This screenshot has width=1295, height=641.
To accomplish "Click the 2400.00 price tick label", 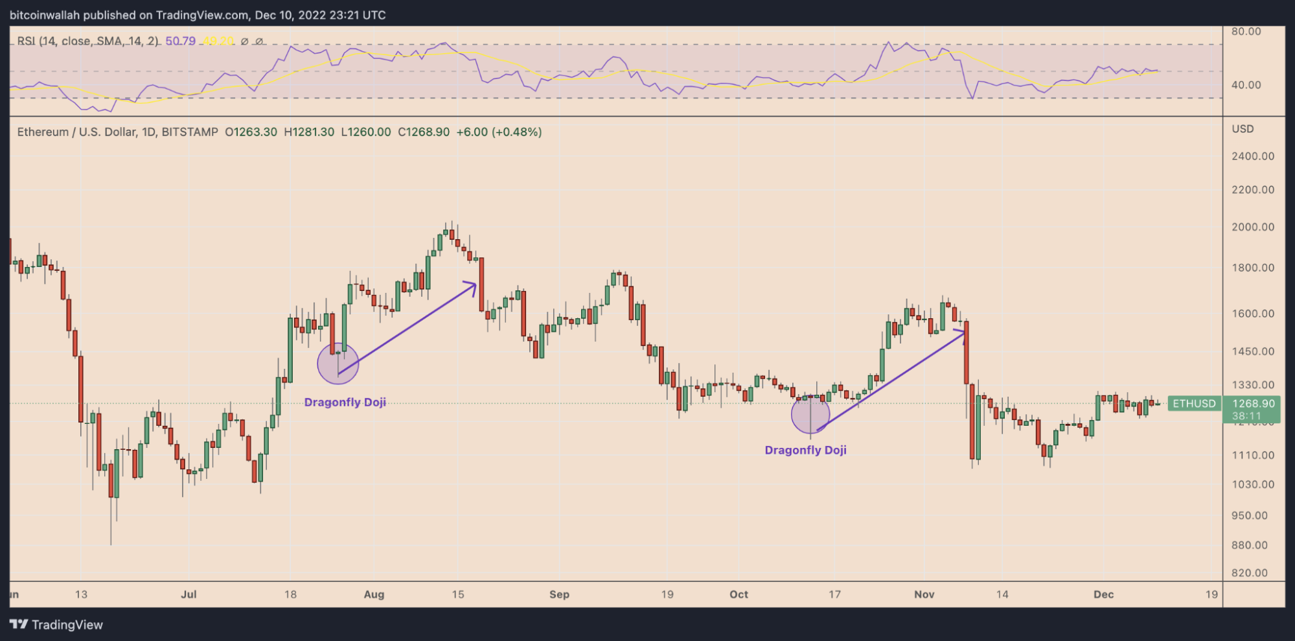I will click(x=1253, y=156).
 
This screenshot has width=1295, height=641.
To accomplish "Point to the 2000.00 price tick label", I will click(x=1253, y=227).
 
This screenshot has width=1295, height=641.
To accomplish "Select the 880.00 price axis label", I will click(x=1250, y=545).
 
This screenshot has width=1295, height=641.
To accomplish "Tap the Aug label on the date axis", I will click(x=374, y=594).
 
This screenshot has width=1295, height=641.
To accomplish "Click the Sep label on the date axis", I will click(x=559, y=594).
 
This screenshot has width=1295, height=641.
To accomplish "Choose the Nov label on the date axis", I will click(x=924, y=594).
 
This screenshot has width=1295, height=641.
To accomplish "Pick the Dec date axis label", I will click(x=1103, y=594).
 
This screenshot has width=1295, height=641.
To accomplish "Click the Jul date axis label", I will click(x=189, y=594).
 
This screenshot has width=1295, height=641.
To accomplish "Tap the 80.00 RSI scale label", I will click(x=1246, y=31).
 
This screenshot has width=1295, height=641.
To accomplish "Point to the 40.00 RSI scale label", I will click(x=1246, y=85).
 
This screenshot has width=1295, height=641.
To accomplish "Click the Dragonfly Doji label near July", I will click(x=345, y=402).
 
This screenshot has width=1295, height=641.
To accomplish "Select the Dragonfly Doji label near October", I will click(x=805, y=450).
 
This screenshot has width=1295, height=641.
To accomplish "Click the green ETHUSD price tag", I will click(x=1194, y=404).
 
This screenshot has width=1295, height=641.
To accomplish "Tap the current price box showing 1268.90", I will click(x=1253, y=404).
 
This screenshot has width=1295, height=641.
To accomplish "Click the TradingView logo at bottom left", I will click(x=56, y=625).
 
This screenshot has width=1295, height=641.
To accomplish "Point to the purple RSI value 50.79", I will click(x=180, y=41).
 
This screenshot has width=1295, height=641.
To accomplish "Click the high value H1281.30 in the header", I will click(x=309, y=132).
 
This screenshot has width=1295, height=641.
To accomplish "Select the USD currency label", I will click(x=1243, y=129).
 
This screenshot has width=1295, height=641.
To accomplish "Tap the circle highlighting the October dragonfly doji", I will click(x=810, y=414).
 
